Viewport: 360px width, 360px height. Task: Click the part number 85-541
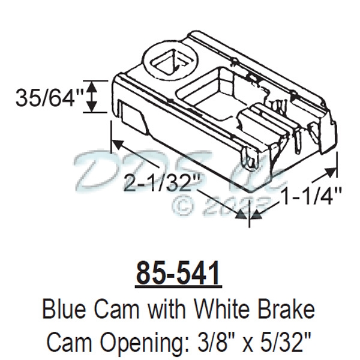179,273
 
